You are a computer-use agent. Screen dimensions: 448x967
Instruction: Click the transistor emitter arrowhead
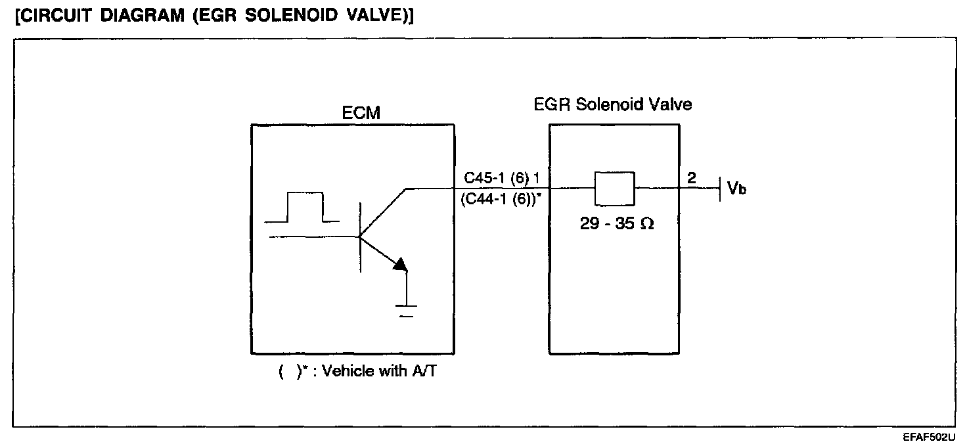pos(400,264)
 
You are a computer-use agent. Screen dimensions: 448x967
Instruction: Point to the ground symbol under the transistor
pos(407,309)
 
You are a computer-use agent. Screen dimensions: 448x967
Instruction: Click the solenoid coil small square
pos(614,189)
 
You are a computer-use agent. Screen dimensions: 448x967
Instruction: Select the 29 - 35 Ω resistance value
pos(616,224)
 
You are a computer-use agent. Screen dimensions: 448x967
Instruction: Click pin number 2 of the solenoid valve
pos(691,177)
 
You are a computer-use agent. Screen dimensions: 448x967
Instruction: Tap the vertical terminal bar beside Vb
pos(721,189)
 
